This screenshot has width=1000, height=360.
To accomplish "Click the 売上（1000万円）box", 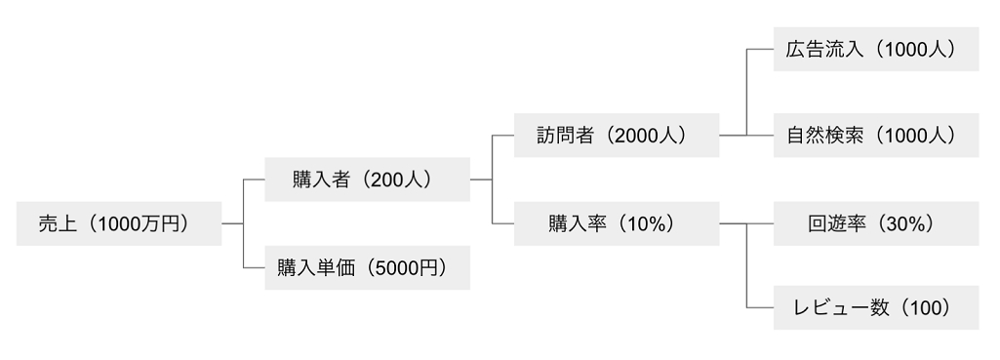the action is click(119, 223).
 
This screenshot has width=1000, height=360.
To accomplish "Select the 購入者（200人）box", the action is click(367, 180).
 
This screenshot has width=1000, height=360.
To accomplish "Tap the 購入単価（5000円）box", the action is click(367, 268).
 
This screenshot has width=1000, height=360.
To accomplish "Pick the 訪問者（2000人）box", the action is click(616, 136).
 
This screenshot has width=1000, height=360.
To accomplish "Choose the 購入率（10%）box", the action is click(616, 223).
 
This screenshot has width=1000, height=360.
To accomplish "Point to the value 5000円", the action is click(407, 268).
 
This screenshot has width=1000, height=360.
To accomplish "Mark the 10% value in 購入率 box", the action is click(651, 223).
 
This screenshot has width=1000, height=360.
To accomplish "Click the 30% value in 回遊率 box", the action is click(907, 223).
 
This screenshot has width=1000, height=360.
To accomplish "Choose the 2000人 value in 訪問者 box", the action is click(647, 136).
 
